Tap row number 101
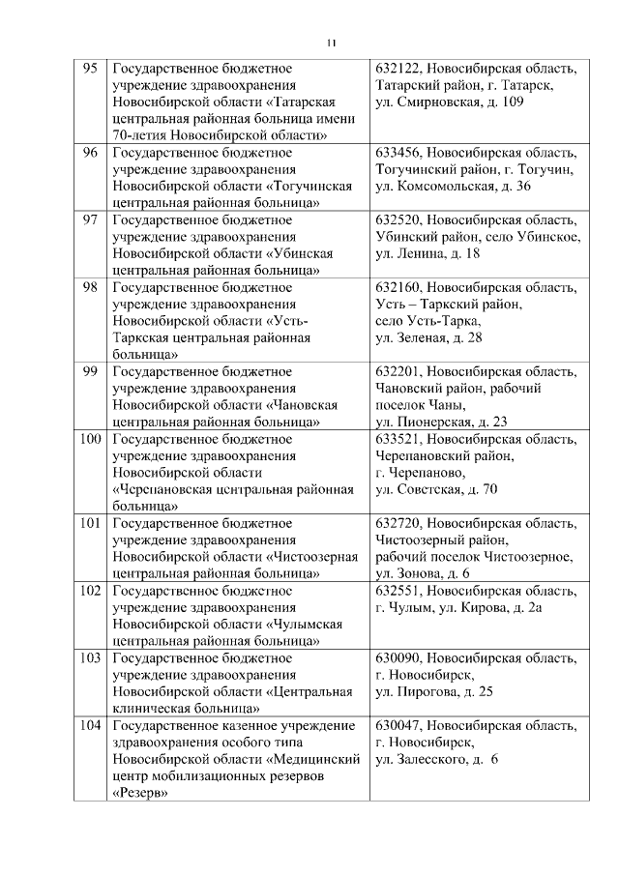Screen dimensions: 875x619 coord(90,523)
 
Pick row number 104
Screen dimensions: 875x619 coord(90,725)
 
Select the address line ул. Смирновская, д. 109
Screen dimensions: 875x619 coord(450,102)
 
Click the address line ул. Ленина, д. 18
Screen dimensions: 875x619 coord(427,253)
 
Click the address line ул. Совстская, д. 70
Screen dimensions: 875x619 coord(436,489)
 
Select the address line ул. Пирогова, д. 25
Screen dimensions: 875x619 coord(433,692)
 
